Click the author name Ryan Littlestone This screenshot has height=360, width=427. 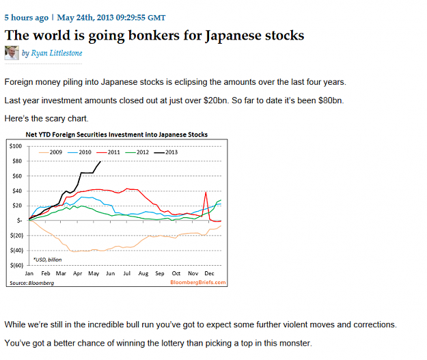pos(57,53)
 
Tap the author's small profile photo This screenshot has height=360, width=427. pos(12,53)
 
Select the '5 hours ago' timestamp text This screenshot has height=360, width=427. pos(27,18)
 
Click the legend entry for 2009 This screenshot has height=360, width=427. pos(51,152)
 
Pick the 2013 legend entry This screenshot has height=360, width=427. pos(166,152)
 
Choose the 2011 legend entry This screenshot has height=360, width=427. pos(108,152)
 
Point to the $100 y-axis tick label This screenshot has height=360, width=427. pos(16,146)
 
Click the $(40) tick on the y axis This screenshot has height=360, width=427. pos(16,250)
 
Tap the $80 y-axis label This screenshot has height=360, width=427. pos(17,161)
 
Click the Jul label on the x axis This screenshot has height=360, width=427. pos(127,273)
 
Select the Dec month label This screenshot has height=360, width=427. pos(209,273)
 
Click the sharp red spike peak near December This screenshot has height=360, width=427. pos(206,192)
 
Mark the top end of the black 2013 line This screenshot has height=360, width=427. pos(100,161)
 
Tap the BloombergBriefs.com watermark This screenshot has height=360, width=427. pos(198,282)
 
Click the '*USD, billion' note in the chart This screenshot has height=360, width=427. pos(47,260)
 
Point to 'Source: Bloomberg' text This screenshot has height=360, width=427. pos(32,283)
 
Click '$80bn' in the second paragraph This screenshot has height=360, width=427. pos(331,100)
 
